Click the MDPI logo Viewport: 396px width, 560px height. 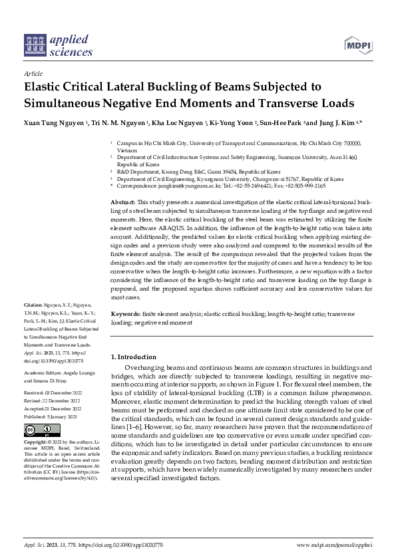(x=357, y=45)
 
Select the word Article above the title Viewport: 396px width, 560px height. (x=33, y=74)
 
